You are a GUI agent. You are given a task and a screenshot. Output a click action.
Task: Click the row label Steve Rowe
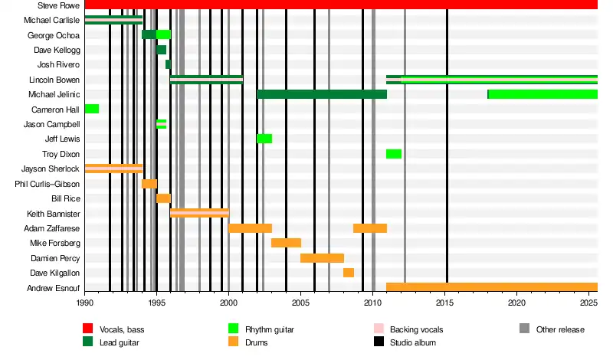click(x=58, y=5)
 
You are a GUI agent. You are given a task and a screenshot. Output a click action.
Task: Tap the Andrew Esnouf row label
click(x=54, y=288)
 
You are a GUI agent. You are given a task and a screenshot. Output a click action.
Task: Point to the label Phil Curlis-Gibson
click(x=47, y=184)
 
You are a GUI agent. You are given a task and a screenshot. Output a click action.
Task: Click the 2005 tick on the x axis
click(x=300, y=303)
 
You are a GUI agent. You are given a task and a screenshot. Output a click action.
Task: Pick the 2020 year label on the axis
click(x=516, y=303)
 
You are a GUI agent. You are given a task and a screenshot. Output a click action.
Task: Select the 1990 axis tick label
click(x=85, y=303)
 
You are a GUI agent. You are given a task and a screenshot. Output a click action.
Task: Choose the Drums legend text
click(x=256, y=342)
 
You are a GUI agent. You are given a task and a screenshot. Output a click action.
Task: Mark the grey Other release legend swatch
click(x=524, y=329)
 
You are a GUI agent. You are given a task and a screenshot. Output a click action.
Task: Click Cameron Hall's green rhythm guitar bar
click(x=92, y=109)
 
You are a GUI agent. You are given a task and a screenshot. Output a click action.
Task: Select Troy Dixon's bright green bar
click(x=394, y=154)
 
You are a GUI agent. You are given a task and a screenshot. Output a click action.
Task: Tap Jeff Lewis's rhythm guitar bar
click(x=264, y=139)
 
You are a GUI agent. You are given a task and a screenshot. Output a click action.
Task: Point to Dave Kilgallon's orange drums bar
click(x=349, y=273)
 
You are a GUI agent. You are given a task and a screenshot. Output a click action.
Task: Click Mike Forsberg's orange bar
click(x=286, y=243)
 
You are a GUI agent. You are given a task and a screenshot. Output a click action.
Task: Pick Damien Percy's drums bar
click(x=322, y=258)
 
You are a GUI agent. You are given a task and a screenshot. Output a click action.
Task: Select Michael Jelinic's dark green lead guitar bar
click(x=322, y=94)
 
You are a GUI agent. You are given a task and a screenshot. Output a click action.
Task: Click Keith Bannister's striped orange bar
click(x=199, y=213)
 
